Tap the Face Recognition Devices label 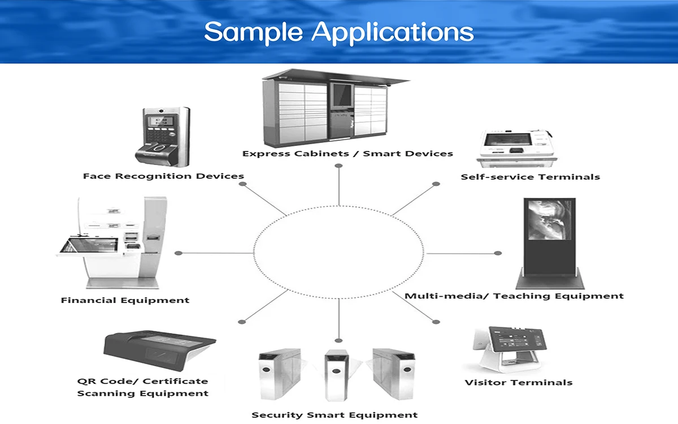coord(163,176)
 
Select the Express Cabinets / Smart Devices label coord(347,153)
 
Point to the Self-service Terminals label coord(530,176)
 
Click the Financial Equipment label coord(125,300)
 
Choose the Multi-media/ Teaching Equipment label coord(514,296)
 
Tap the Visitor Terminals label coord(518,383)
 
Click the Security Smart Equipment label coord(334,415)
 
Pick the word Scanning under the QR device coord(104,393)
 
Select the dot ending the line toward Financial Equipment coord(179,253)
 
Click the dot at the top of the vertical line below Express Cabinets coord(338,166)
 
